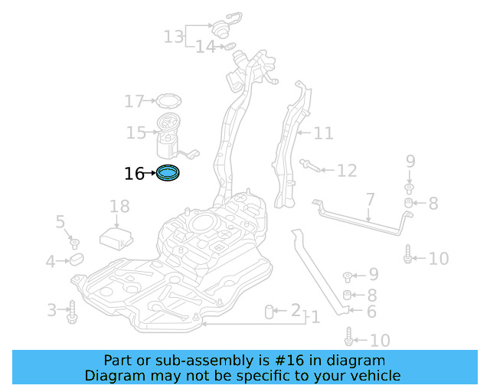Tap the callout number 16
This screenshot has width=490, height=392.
point(133,174)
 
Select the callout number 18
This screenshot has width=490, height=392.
point(119,206)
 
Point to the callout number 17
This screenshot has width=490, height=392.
point(134,100)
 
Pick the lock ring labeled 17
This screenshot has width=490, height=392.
point(166,100)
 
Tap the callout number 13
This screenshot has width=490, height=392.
point(174,36)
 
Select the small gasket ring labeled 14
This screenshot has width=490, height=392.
point(227,47)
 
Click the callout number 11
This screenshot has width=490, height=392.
point(323,133)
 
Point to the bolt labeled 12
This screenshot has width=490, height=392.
point(309,165)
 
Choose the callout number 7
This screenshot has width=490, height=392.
point(370,200)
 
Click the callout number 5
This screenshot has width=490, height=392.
point(60,222)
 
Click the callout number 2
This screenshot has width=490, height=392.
point(295,310)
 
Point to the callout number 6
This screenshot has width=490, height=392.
point(371,312)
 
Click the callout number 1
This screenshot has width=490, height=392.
point(315,317)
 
